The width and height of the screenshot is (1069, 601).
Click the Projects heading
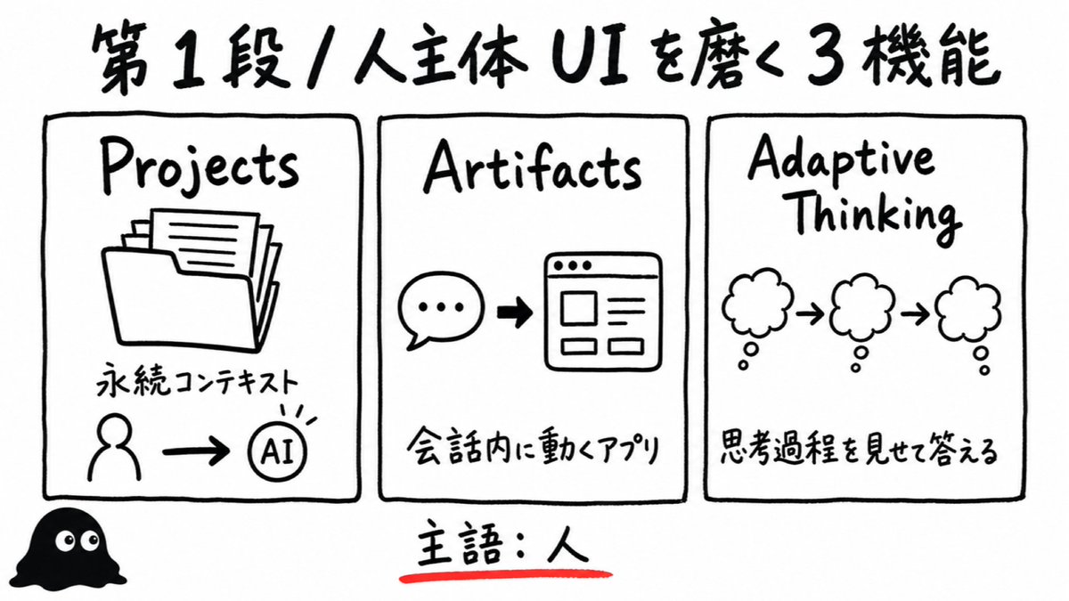click(x=200, y=167)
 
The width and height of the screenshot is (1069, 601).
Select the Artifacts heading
click(x=533, y=167)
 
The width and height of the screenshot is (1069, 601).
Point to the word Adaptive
click(x=841, y=160)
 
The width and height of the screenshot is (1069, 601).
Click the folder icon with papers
click(x=191, y=280)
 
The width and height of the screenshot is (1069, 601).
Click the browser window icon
click(x=603, y=312)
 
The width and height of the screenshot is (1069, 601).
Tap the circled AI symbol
click(x=278, y=451)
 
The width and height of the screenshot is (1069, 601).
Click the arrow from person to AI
click(x=196, y=451)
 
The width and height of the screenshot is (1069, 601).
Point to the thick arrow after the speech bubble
click(x=515, y=313)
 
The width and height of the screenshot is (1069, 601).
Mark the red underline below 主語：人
click(x=506, y=576)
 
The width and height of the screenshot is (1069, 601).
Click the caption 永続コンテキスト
click(x=197, y=383)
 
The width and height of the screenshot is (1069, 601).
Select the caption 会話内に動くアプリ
click(x=533, y=449)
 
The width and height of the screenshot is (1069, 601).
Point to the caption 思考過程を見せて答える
click(x=858, y=449)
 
